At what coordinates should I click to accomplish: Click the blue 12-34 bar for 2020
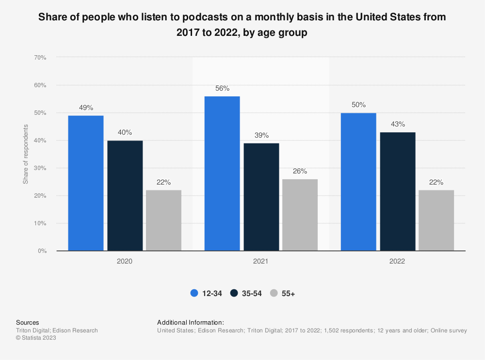(86, 183)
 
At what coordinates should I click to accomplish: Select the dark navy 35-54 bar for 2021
(261, 197)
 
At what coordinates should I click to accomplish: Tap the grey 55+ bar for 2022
(436, 220)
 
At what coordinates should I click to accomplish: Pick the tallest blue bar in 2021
(222, 173)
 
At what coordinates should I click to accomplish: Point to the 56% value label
(222, 89)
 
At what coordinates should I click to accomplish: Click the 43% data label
(398, 125)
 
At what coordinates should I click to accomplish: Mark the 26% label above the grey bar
(300, 171)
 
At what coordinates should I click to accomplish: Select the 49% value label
(86, 108)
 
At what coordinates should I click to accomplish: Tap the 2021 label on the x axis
(261, 261)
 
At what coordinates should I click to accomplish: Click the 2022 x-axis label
(397, 261)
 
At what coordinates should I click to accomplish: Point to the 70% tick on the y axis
(40, 58)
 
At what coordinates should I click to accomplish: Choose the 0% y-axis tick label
(42, 251)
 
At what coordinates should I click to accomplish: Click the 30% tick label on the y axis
(40, 168)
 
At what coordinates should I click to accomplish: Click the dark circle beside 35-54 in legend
(234, 293)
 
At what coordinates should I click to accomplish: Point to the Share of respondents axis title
(26, 154)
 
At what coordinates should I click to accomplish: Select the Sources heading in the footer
(28, 322)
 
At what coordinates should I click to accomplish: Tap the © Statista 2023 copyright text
(36, 338)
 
